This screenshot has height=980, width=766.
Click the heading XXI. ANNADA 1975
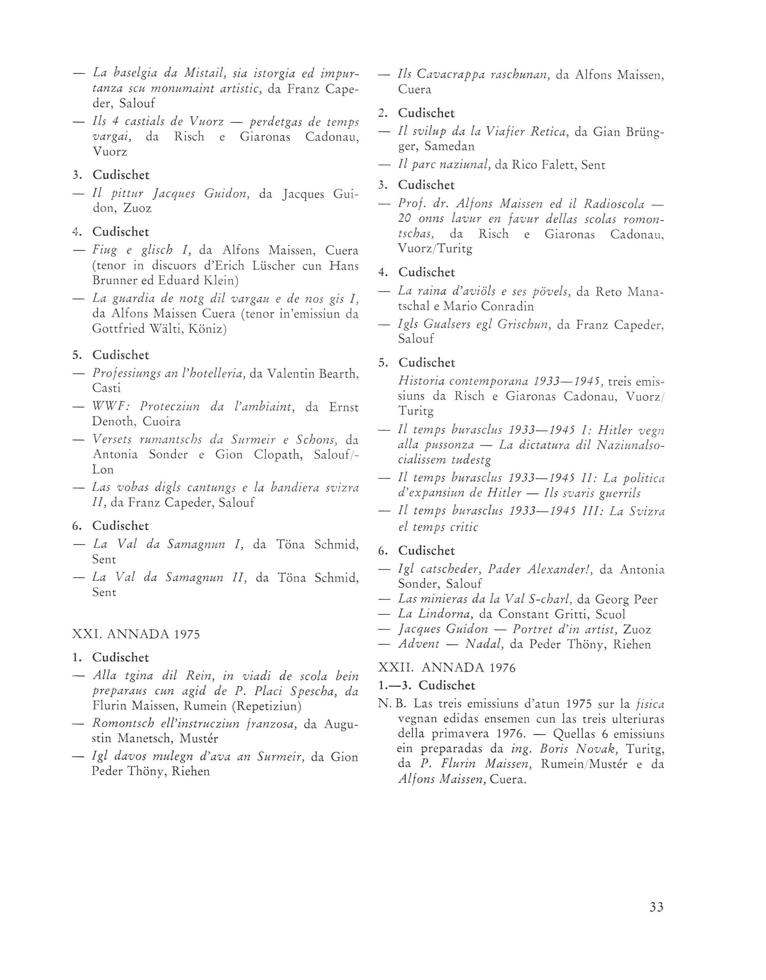(136, 634)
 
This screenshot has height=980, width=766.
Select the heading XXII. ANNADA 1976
(447, 668)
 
